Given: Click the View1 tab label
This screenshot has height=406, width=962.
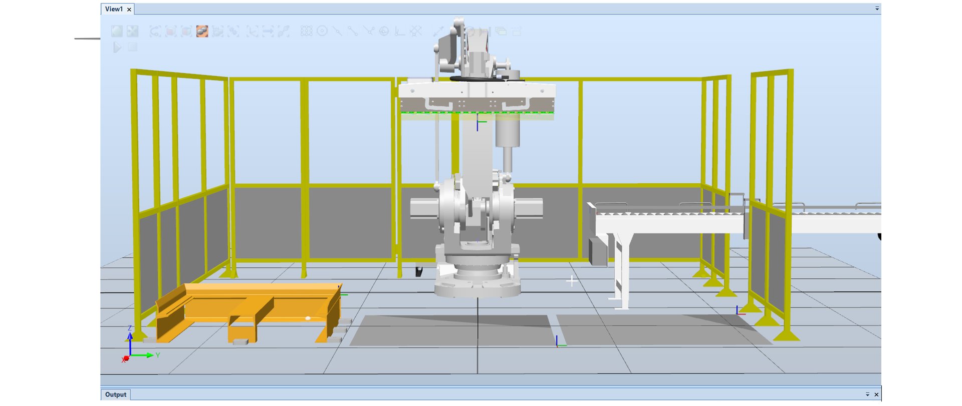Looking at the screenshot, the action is (114, 9).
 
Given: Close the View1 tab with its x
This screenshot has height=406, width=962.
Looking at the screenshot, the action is (129, 10).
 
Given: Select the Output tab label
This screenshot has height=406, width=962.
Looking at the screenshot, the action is (116, 394).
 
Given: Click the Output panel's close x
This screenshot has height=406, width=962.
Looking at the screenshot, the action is (876, 394).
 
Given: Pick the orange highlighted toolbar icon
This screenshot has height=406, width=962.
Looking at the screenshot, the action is (202, 32).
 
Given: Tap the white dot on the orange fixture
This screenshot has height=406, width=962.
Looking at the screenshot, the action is (308, 318).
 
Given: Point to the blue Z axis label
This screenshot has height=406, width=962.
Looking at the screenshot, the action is (130, 328).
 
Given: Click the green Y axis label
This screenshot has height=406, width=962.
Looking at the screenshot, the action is (157, 355).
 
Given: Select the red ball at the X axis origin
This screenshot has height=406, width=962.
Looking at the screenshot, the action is (126, 358).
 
